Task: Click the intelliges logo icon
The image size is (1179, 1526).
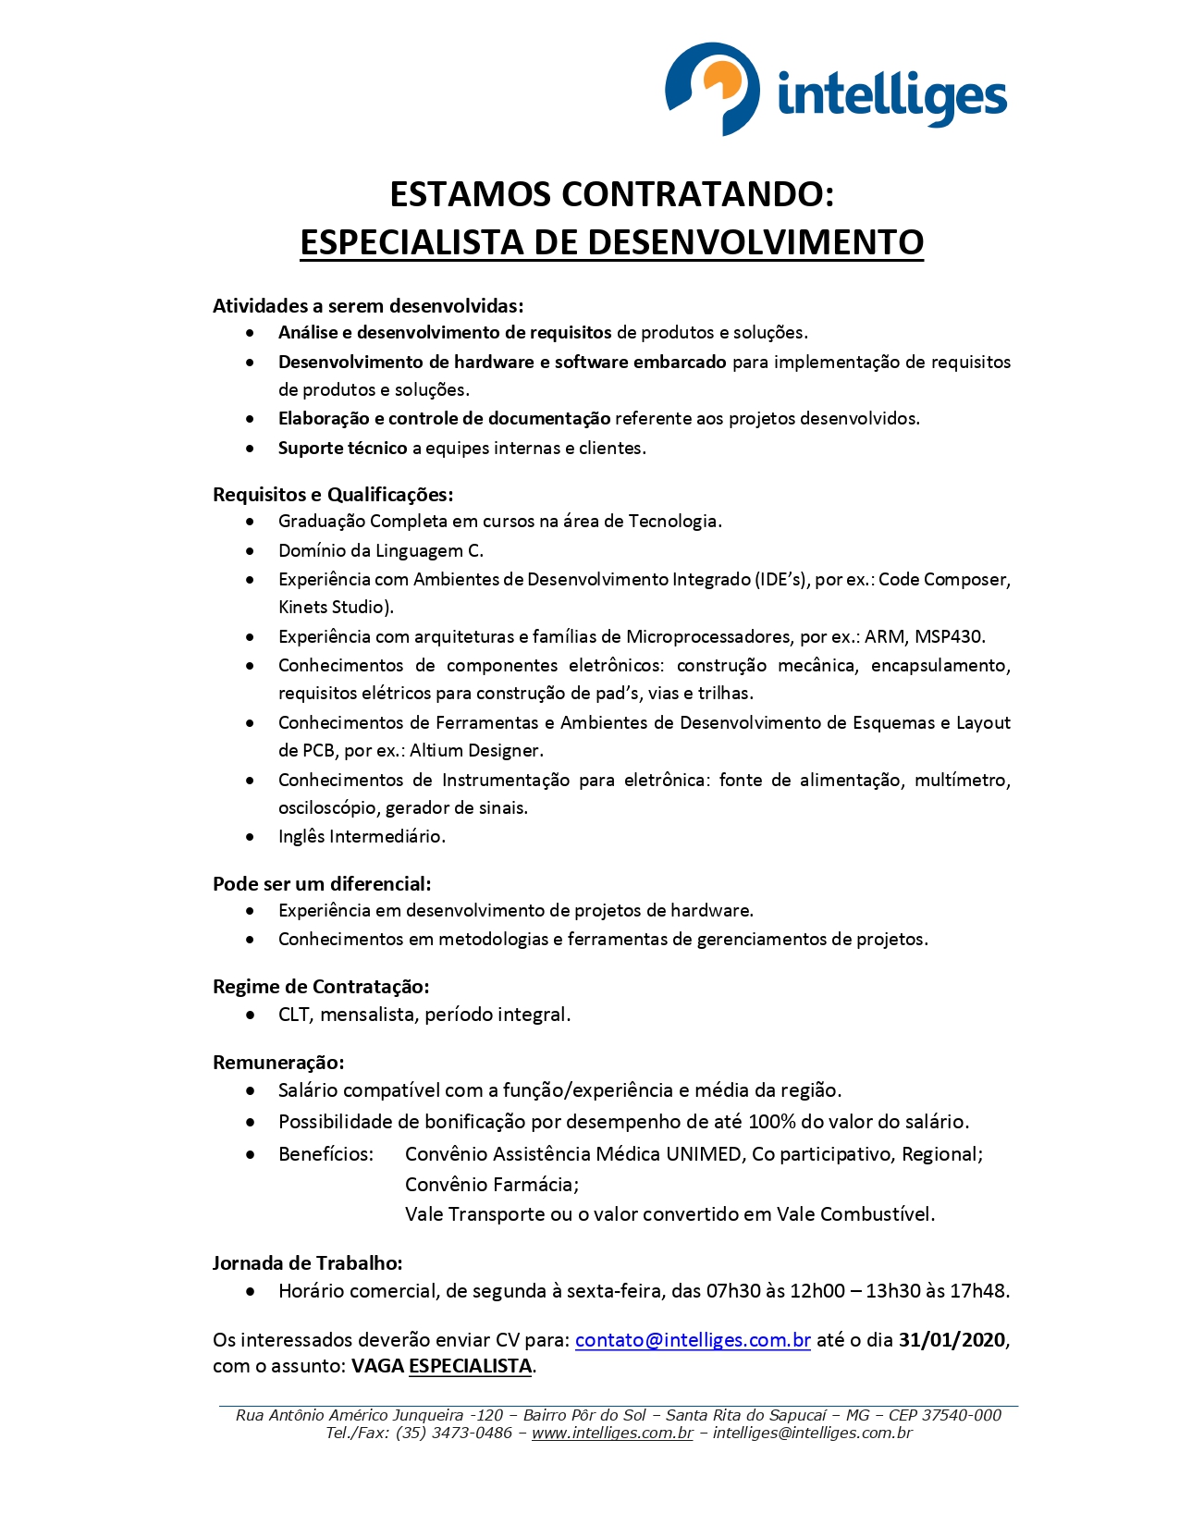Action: (713, 89)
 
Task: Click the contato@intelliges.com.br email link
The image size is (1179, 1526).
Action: (693, 1340)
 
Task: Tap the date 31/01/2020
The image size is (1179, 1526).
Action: (952, 1340)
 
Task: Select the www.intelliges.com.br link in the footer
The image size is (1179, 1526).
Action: (612, 1433)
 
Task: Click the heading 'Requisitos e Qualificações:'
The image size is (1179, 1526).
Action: (333, 494)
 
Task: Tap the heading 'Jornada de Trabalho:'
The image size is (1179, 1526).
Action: (308, 1262)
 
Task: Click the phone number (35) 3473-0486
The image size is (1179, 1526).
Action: (454, 1433)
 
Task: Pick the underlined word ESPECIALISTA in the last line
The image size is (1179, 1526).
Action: (470, 1366)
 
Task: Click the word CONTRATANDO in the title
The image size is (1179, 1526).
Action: (697, 194)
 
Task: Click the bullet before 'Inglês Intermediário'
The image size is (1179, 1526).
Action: (250, 837)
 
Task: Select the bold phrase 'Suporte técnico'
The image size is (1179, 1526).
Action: (342, 448)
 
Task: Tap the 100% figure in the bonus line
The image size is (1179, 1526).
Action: (772, 1122)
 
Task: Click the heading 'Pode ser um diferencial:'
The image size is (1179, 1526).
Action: (322, 883)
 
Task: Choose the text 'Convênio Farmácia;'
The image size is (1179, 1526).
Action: (492, 1185)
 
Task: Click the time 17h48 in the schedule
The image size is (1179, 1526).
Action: (981, 1291)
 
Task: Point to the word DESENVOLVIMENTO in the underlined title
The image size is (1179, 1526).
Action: (755, 242)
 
